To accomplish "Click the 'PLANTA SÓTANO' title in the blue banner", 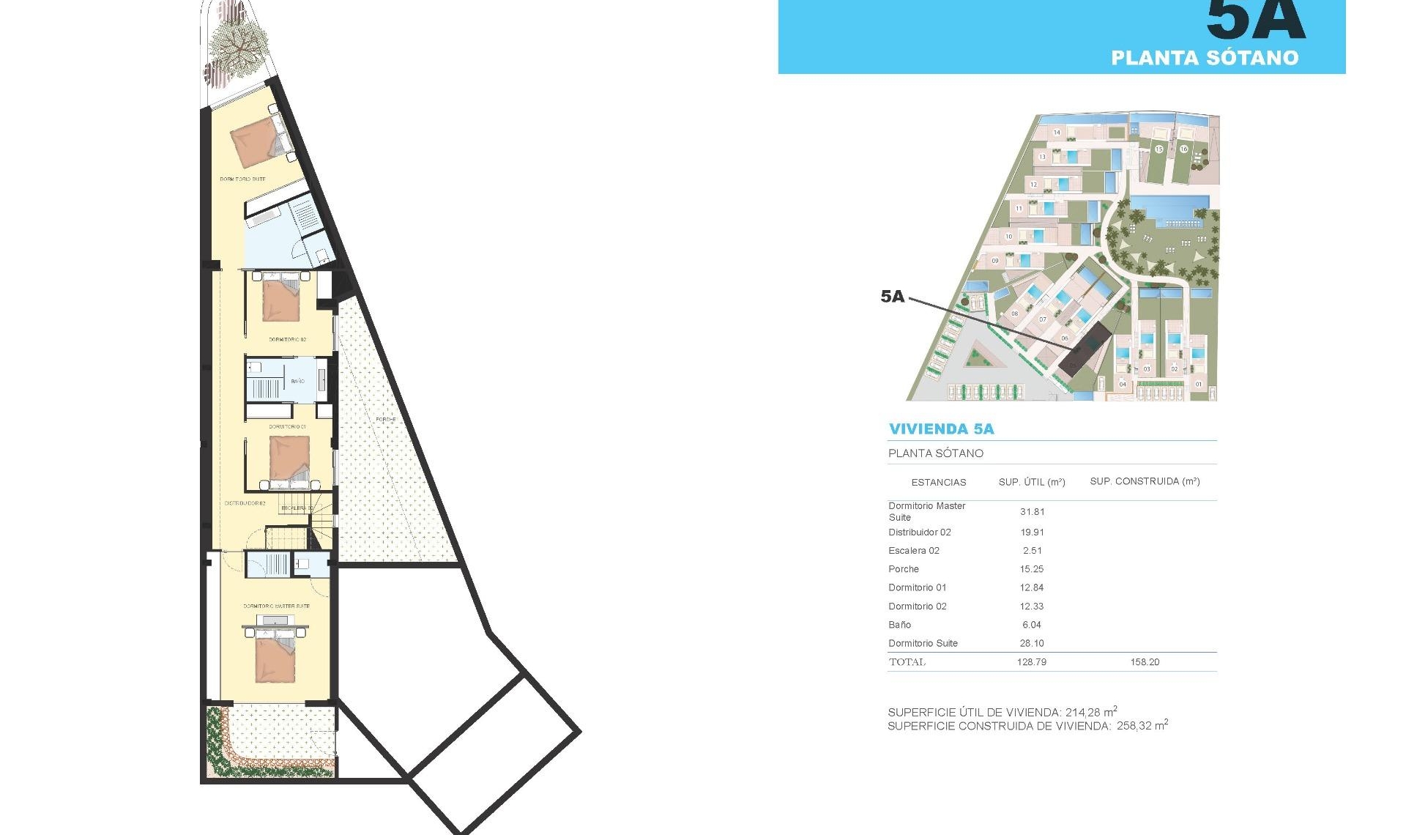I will click(x=1205, y=58).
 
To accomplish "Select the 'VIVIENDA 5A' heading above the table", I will click(x=941, y=429).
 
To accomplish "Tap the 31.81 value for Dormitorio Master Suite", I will click(x=1032, y=512).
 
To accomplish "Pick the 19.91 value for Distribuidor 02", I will click(x=1032, y=532).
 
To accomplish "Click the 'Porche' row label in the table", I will click(x=903, y=569).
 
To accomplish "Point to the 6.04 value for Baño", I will click(x=1031, y=625).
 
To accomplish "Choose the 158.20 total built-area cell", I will click(x=1145, y=662).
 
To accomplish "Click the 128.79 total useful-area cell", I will click(x=1031, y=662).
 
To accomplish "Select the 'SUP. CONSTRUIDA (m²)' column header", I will click(x=1145, y=481).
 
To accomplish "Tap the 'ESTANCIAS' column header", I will click(x=938, y=482).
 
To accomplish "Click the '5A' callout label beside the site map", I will click(x=893, y=297).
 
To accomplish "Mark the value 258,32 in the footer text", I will click(x=1134, y=727).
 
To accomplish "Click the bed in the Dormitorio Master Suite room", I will click(x=275, y=657).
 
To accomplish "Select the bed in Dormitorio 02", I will click(x=281, y=300).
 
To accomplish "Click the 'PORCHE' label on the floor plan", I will click(x=385, y=420).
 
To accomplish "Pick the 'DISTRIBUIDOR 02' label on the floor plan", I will click(x=245, y=503).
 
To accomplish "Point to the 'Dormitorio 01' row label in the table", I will click(x=917, y=587).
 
